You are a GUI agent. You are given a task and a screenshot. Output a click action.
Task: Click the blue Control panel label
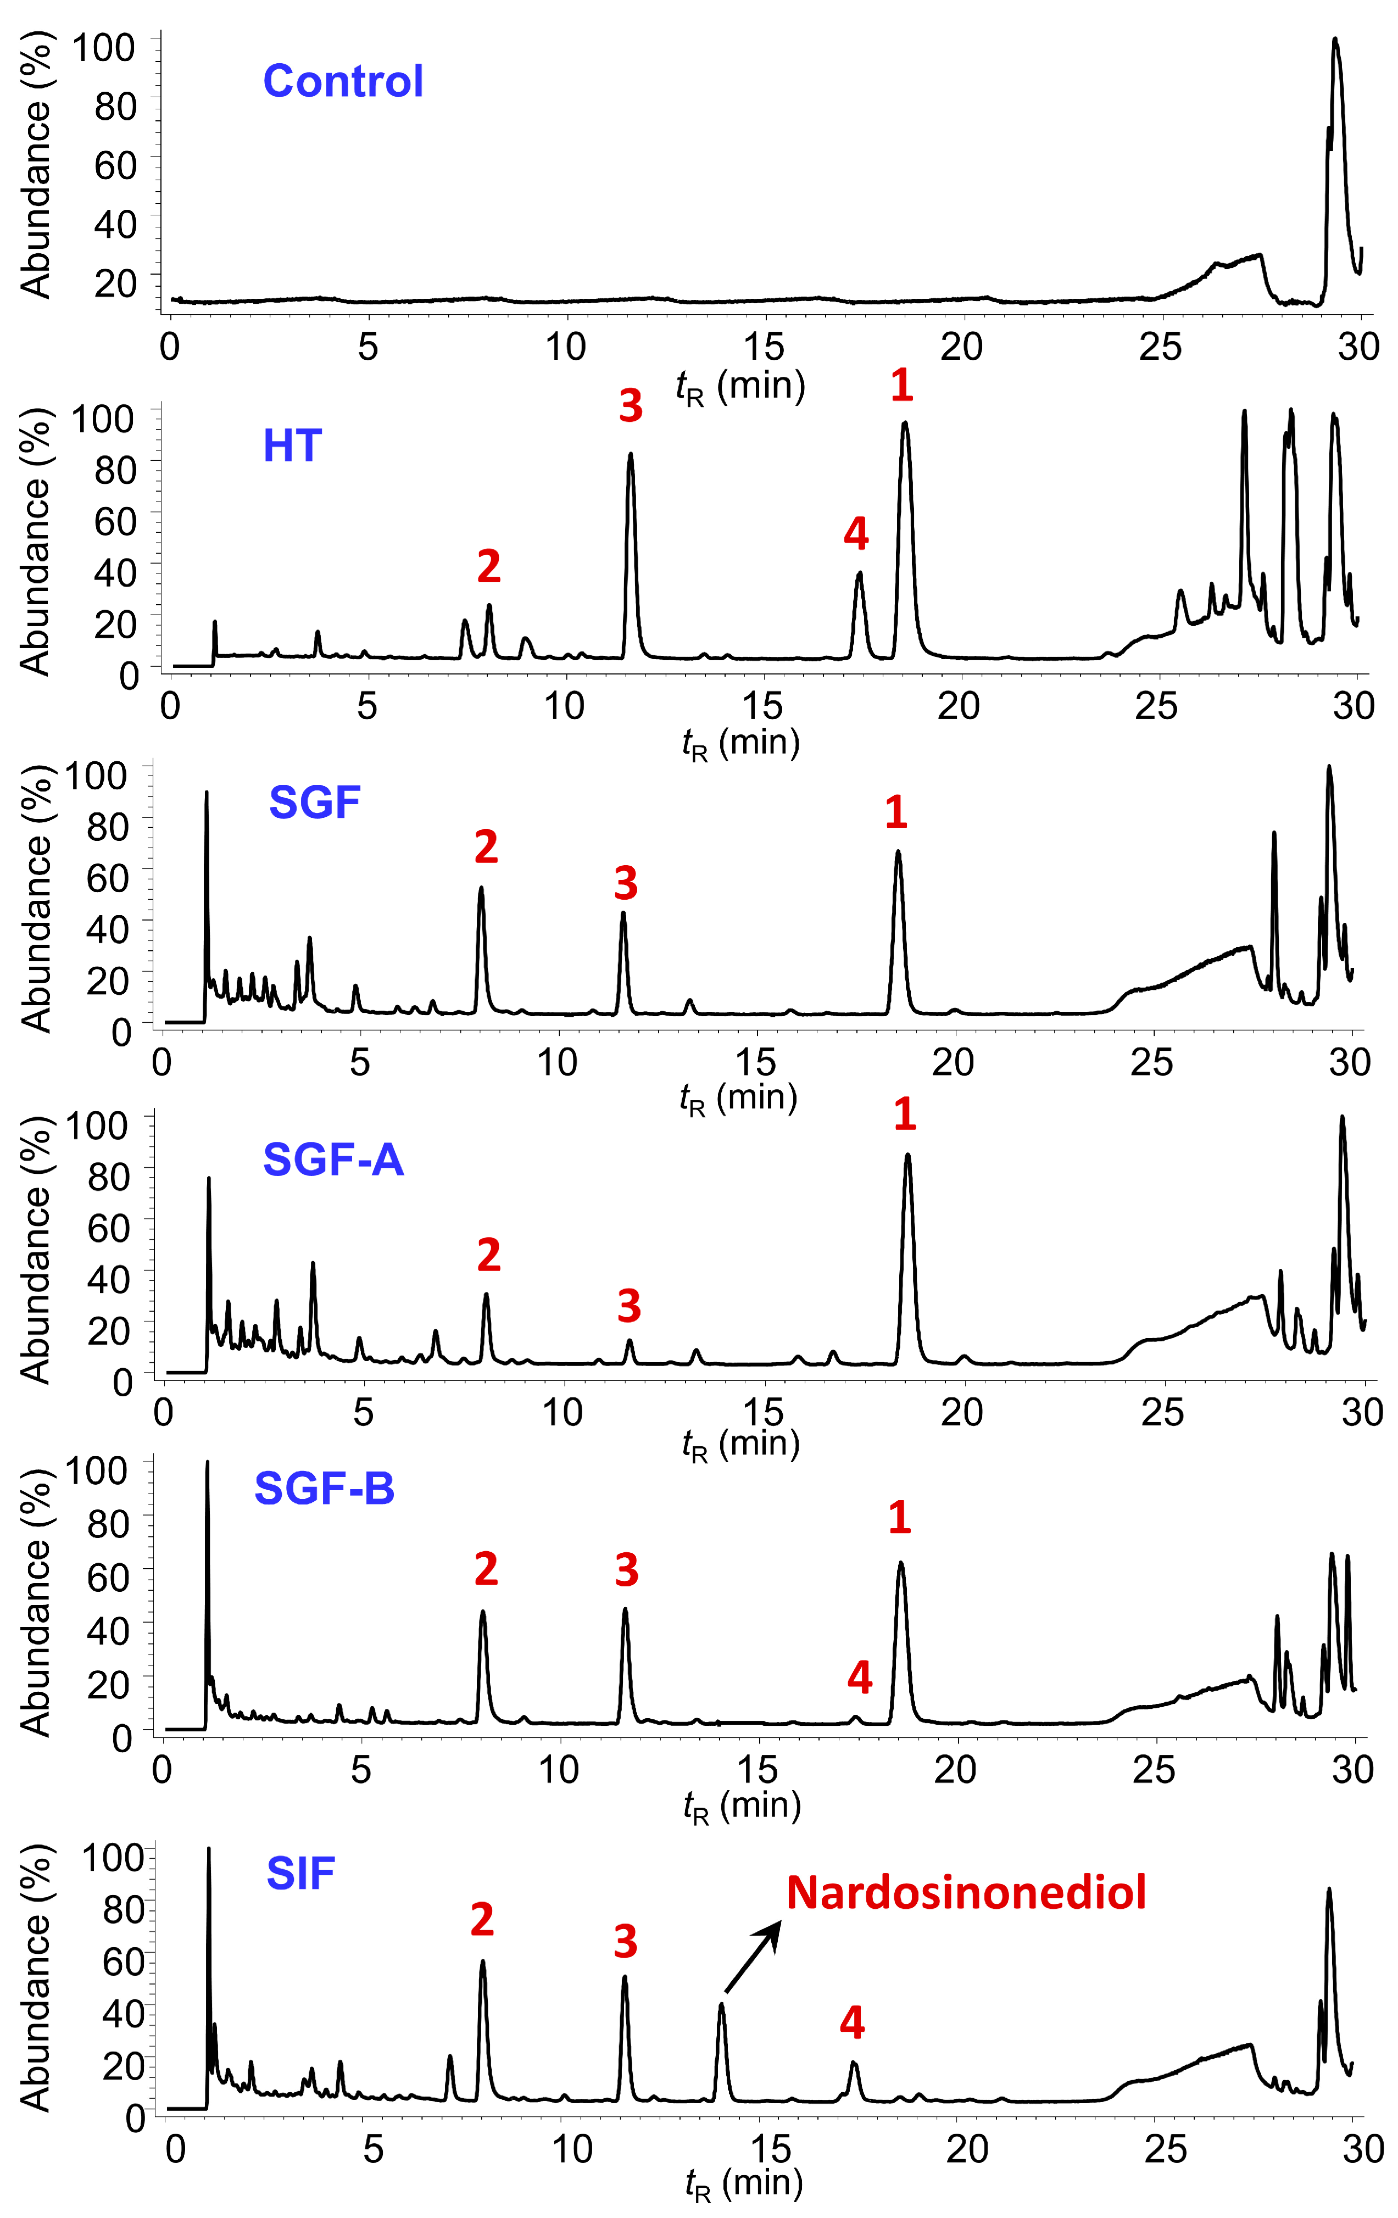(343, 81)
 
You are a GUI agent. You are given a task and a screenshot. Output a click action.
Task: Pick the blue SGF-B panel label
(324, 1487)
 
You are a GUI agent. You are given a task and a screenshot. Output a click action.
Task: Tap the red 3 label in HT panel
(630, 405)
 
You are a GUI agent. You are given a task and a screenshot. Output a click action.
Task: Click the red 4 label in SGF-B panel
(859, 1678)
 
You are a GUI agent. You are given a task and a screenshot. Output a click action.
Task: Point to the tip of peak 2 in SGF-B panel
(483, 1612)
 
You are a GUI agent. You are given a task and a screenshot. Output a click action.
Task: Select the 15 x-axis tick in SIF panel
(770, 2149)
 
